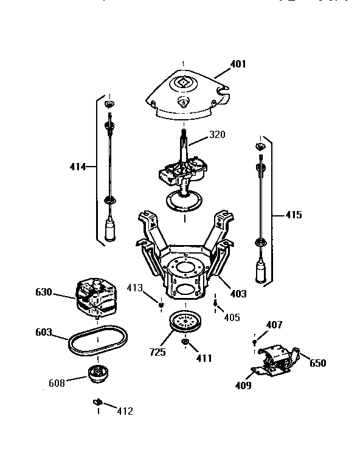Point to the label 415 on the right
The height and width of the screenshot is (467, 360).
coord(293,215)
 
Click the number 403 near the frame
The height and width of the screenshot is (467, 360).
coord(238,294)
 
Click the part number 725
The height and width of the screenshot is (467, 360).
coord(158,352)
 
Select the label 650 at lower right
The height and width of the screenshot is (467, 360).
coord(318,363)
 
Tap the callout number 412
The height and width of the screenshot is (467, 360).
coord(124,411)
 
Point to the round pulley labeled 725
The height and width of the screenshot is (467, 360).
coord(185,322)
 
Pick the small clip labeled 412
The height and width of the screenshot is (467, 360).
coord(97,402)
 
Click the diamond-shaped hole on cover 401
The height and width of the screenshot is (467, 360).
coord(183,80)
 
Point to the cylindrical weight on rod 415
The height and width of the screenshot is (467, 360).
coord(262,272)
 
